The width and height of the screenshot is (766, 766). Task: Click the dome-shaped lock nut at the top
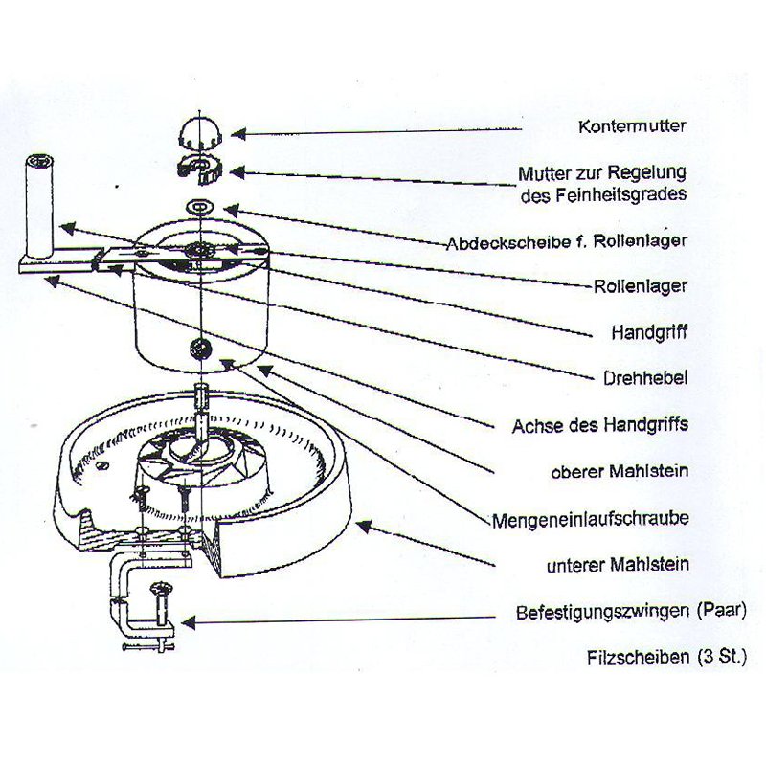click(199, 130)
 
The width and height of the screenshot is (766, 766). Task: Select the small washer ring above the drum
click(201, 206)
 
